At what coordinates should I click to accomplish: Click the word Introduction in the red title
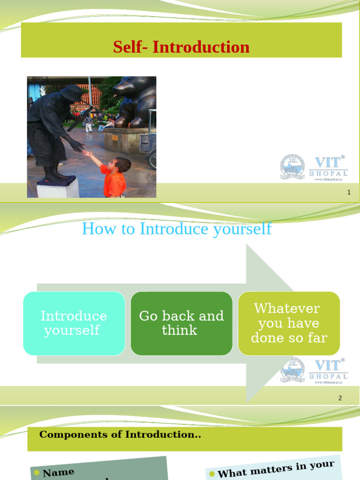coord(201,47)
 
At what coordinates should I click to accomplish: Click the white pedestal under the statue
coord(58,188)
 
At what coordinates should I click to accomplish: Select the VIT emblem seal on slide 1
coord(292,166)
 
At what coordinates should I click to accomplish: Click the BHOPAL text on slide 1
coord(328,173)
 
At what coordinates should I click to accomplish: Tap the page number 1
coord(349,192)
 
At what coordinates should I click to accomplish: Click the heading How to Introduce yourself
coord(177,229)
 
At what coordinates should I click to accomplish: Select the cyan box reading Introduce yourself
coord(74,323)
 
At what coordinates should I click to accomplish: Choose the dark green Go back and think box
coord(181,323)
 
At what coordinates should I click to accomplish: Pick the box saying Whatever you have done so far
coord(289,323)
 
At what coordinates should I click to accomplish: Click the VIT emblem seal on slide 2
coord(292,370)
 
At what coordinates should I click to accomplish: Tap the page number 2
coord(340,398)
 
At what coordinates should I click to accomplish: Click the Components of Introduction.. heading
coord(120,435)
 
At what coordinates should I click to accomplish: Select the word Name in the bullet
coord(59,472)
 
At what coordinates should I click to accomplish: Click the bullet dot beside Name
coord(37,473)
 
